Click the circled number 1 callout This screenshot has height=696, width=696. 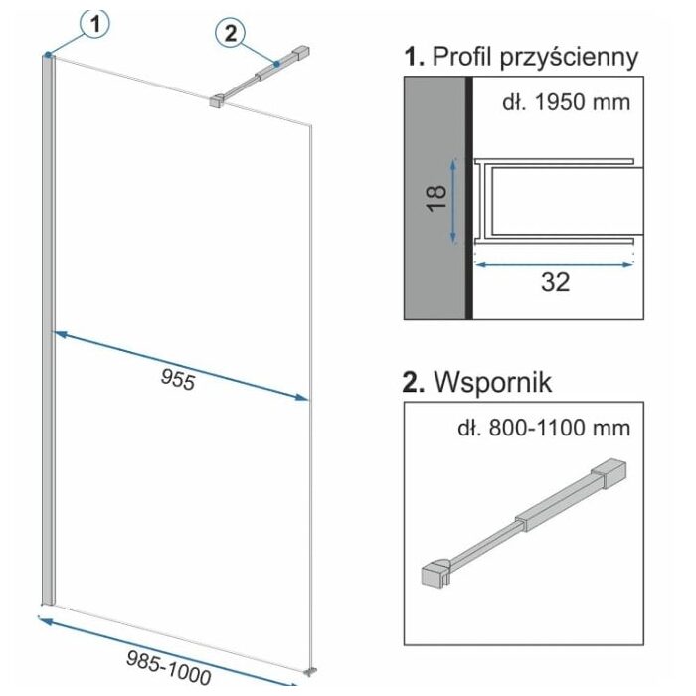(94, 23)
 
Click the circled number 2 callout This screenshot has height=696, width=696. (230, 33)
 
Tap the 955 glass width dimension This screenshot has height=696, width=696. (178, 380)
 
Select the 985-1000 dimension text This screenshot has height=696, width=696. (168, 667)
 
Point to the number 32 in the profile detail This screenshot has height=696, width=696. (555, 282)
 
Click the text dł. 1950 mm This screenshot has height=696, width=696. (567, 103)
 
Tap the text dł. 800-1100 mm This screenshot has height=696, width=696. (544, 429)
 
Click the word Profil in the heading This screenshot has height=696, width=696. (462, 57)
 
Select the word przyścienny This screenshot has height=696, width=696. (569, 59)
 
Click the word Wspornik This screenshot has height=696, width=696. (493, 382)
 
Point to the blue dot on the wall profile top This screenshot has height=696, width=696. (48, 55)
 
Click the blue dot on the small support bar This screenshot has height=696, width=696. (277, 64)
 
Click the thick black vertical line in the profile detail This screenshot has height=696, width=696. (468, 198)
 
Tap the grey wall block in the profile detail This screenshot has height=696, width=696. (435, 198)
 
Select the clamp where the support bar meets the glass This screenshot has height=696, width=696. (217, 101)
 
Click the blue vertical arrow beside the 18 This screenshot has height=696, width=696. (453, 201)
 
